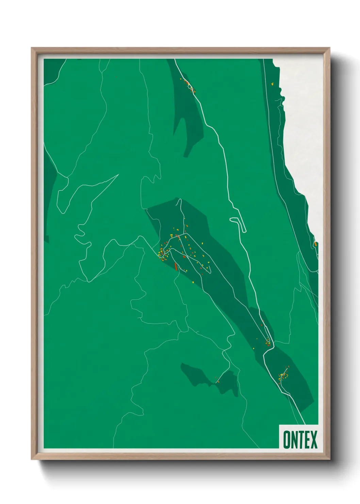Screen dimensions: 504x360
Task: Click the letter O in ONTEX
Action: point(287,440)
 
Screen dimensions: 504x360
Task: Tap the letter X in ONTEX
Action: point(313,440)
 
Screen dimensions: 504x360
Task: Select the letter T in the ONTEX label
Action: point(300,440)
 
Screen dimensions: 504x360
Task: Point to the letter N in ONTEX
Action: point(294,440)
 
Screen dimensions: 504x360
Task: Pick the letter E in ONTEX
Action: point(307,440)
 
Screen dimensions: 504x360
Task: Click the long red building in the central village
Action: point(176,266)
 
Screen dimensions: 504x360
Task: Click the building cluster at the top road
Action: point(189,85)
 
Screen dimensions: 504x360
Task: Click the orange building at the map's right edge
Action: point(316,244)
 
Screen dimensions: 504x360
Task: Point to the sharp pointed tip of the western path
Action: point(118,175)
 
